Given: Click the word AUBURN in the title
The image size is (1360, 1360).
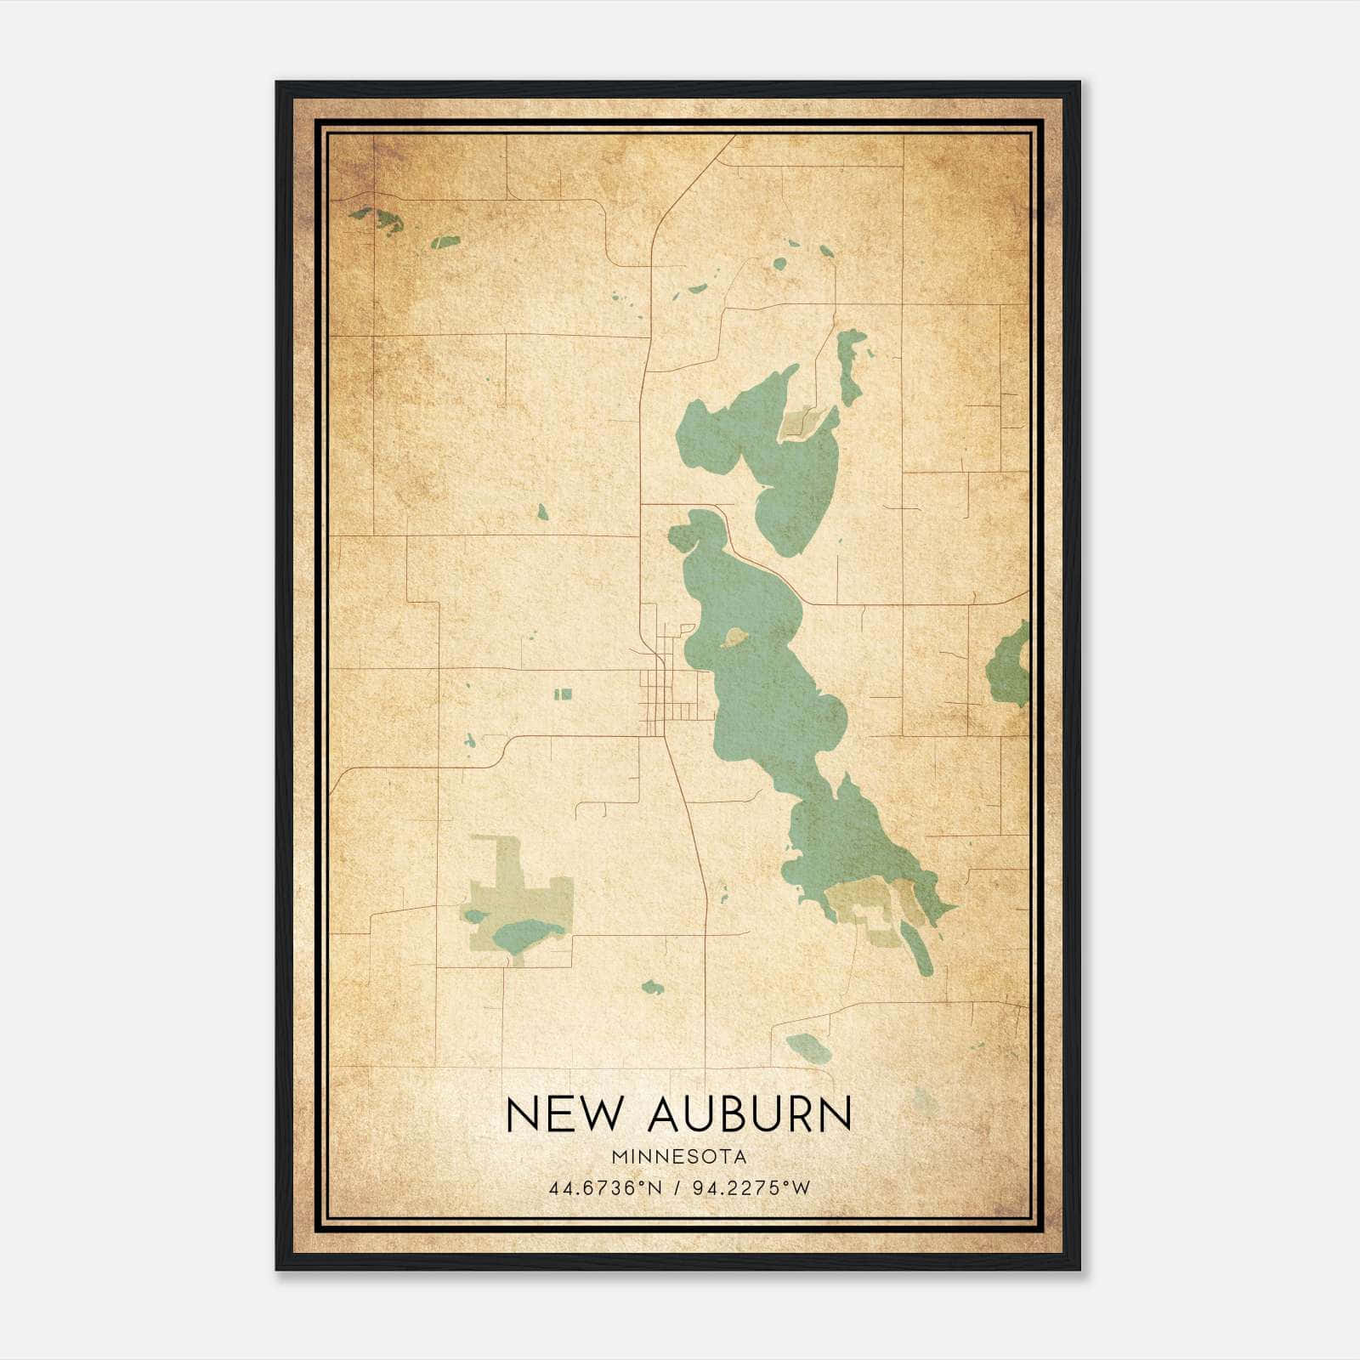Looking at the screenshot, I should coord(749,1113).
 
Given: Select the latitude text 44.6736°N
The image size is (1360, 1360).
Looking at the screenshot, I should coord(605,1188).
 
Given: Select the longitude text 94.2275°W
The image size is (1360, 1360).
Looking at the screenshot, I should coord(751,1188).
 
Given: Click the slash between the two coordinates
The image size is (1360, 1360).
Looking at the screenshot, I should coord(677,1188).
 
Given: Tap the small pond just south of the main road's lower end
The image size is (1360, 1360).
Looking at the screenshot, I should coord(652,988).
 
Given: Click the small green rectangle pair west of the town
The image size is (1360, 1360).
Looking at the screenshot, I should coord(563,694).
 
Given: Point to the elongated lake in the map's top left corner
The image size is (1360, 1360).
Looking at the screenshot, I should coord(377,219).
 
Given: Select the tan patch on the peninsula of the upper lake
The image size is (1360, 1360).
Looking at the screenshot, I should coord(799,421).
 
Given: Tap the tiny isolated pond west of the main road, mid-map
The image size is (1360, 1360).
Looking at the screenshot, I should coord(542,512).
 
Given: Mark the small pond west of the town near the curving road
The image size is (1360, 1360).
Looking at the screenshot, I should coord(469,741).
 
